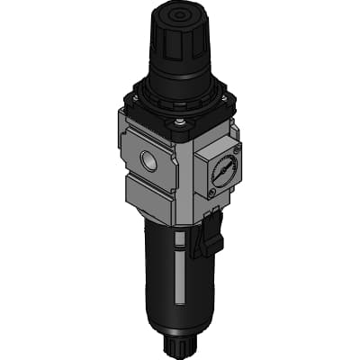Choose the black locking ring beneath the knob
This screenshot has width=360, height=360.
(x=171, y=90)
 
